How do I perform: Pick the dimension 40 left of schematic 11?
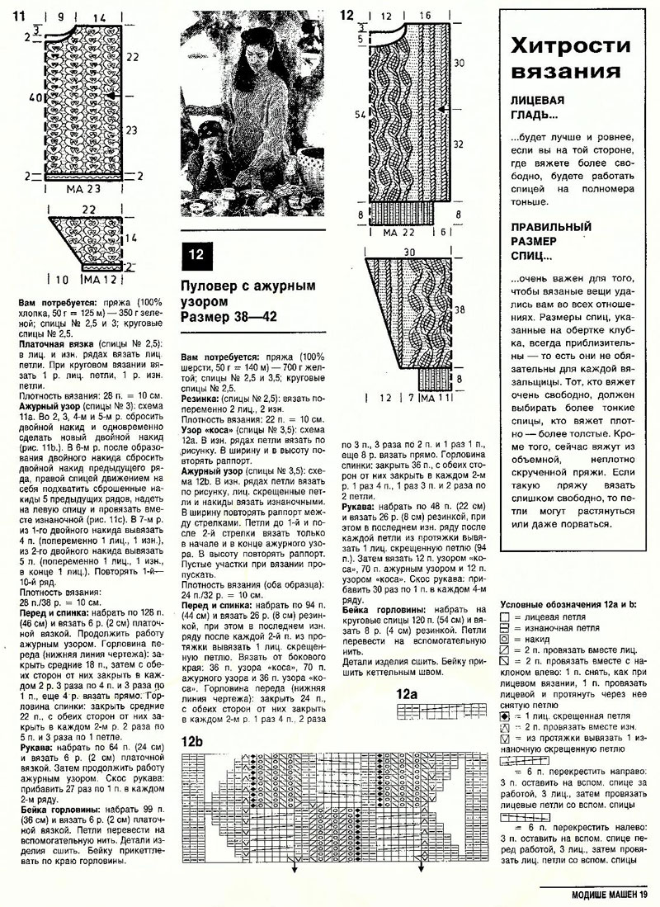coord(31,97)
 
